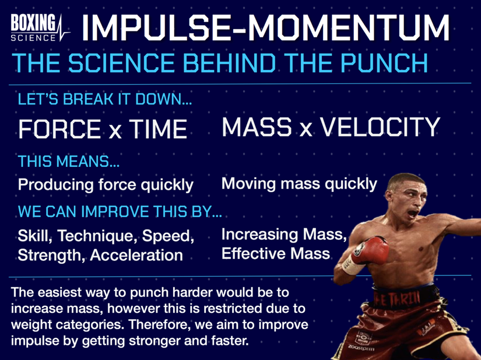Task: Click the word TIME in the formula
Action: click(x=154, y=128)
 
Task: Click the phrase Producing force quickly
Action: click(x=106, y=185)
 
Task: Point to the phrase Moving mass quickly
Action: click(x=299, y=184)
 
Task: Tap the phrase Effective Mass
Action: click(x=275, y=254)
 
